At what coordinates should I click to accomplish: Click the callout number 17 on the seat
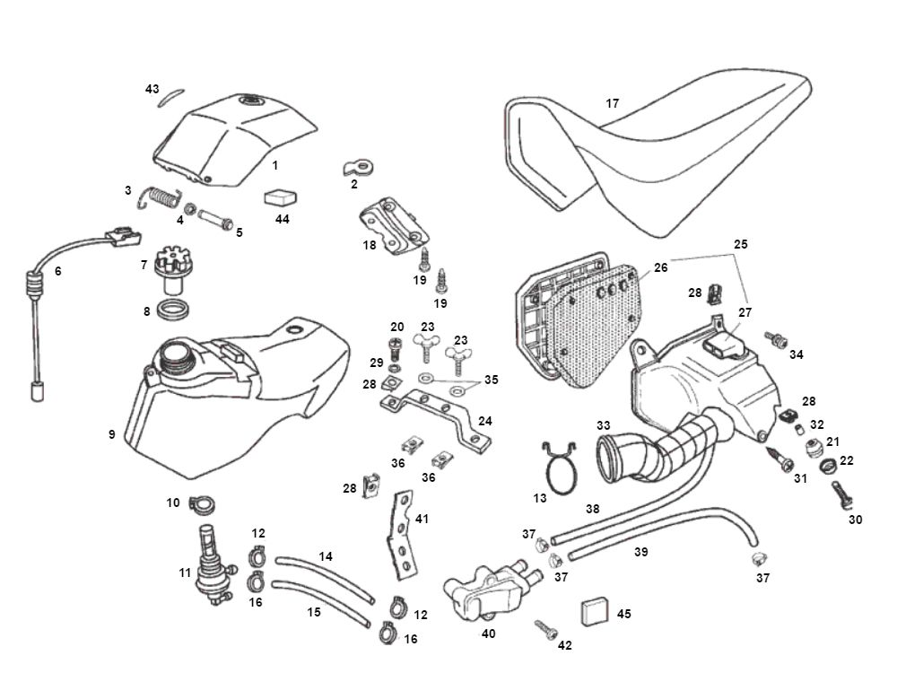pos(613,104)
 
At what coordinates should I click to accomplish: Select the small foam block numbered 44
pos(281,198)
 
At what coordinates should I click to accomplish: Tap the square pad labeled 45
pos(595,612)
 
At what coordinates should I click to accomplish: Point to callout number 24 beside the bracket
pos(485,421)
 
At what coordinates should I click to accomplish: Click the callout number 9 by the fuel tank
pos(112,434)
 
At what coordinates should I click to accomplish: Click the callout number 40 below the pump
pos(488,633)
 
